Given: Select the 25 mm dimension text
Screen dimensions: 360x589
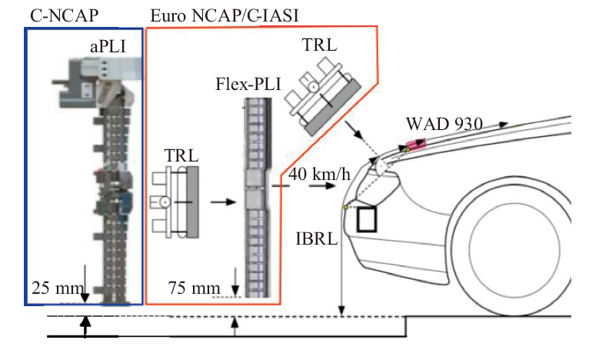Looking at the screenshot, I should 53,288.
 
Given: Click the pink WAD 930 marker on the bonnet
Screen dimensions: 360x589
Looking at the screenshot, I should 416,144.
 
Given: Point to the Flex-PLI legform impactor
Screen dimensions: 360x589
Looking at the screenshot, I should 255,196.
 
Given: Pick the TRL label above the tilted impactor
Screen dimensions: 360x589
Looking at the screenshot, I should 319,44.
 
